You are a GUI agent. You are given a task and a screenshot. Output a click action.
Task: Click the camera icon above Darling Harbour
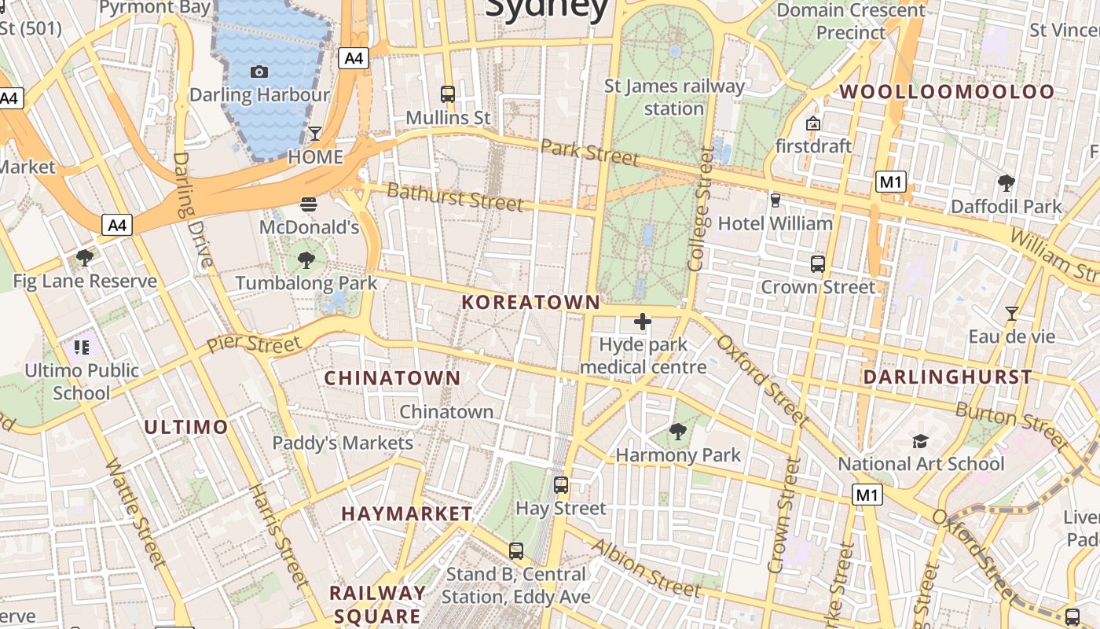[259, 72]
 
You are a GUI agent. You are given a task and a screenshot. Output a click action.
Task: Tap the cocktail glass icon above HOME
[315, 133]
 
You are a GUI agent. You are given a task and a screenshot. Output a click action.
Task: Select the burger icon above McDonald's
[309, 204]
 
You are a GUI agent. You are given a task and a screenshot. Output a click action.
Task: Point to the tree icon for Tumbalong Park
[306, 259]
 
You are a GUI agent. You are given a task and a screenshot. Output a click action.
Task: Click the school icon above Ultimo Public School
[82, 347]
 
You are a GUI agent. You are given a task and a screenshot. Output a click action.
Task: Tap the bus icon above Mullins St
[448, 94]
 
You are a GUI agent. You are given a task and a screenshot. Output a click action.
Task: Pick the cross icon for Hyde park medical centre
[643, 321]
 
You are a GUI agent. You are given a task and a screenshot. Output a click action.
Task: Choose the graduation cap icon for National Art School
[921, 441]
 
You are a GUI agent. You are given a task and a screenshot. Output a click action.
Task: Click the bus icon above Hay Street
[560, 484]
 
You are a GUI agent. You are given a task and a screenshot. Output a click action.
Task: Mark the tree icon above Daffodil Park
[1006, 183]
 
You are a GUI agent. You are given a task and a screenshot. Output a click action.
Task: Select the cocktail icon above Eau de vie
[1012, 314]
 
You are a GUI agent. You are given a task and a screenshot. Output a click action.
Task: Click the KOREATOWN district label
[531, 302]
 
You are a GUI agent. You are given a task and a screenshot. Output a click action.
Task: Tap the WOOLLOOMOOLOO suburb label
[947, 92]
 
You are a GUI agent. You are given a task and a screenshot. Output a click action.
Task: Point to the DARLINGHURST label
[948, 377]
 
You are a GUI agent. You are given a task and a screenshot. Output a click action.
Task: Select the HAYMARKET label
[407, 513]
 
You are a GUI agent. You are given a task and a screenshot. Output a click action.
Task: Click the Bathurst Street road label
[455, 197]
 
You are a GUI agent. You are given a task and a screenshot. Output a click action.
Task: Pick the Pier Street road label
[254, 344]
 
